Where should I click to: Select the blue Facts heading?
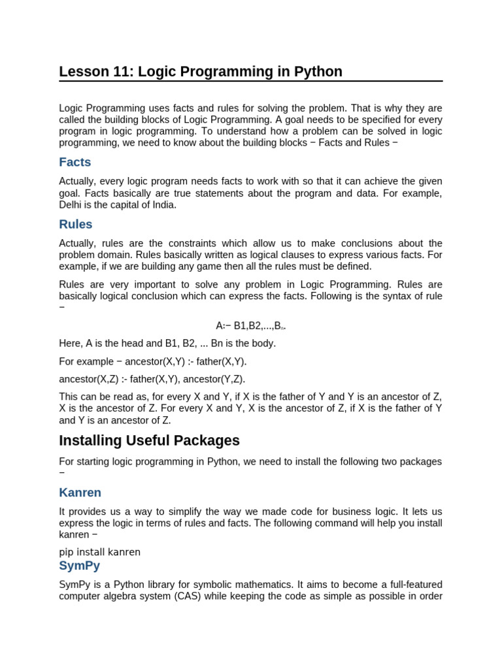coord(75,162)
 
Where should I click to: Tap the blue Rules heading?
coord(75,224)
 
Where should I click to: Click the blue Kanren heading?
coord(80,493)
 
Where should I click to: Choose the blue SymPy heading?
coord(79,566)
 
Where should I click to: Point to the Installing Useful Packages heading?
coord(149,440)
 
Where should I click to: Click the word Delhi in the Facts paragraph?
coord(71,204)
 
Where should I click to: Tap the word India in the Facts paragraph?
coord(163,204)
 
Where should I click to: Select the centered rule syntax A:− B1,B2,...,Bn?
coord(251,325)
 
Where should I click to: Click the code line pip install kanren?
coord(99,552)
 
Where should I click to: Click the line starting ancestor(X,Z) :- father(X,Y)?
coord(152,379)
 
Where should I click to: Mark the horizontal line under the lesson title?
coord(251,82)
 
